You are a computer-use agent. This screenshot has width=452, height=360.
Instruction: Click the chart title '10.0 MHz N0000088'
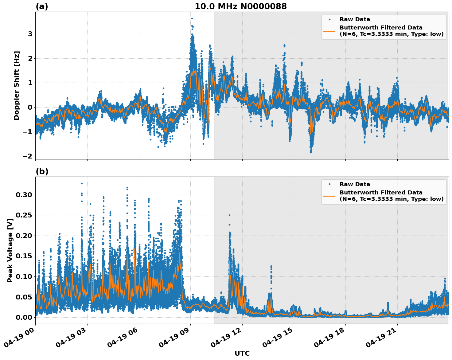point(240,6)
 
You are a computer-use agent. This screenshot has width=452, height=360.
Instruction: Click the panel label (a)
point(42,6)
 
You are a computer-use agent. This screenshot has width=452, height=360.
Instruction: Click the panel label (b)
point(42,171)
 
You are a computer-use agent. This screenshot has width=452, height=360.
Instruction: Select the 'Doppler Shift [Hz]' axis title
point(17,85)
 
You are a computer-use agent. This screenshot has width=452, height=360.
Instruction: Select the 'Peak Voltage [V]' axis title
point(10,250)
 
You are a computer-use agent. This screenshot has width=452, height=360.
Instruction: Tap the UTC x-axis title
point(242,353)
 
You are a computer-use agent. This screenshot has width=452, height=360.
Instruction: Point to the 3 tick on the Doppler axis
point(30,34)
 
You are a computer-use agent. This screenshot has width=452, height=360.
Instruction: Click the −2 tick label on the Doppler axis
point(27,156)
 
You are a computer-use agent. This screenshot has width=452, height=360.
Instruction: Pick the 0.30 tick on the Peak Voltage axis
point(24,195)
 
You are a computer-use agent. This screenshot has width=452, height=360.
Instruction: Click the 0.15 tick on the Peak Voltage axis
point(24,256)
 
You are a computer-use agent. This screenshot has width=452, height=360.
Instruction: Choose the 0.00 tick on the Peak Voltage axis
point(24,317)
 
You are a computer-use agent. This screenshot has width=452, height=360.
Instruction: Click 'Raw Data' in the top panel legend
point(355,19)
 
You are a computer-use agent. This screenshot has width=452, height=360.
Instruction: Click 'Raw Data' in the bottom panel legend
point(355,184)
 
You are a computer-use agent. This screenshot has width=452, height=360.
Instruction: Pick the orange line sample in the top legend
point(329,31)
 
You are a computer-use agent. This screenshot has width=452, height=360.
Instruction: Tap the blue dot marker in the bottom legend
point(329,184)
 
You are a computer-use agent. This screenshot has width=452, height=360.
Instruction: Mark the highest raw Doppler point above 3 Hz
point(192,18)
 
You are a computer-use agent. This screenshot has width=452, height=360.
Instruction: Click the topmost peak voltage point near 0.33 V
point(82,183)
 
